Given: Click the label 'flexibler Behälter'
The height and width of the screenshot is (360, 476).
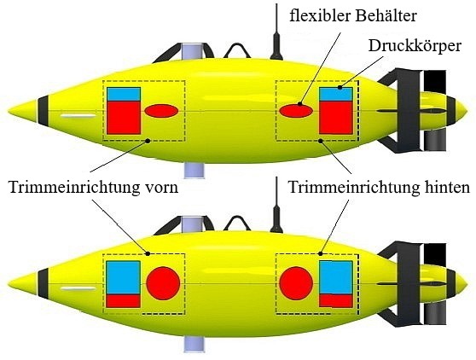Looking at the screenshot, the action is [x=353, y=16].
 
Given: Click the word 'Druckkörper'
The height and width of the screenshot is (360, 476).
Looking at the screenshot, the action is [x=415, y=46].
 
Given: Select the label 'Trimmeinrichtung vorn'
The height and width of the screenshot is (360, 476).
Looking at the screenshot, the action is [x=93, y=187].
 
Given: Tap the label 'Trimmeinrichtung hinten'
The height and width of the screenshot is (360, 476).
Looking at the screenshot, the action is [x=379, y=187].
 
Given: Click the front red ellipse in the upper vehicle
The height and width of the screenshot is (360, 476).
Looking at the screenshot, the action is [x=161, y=111].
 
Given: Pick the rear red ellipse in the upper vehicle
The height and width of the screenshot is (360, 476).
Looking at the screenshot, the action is [x=296, y=111].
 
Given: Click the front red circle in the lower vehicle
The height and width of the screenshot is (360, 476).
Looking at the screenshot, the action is [x=163, y=283].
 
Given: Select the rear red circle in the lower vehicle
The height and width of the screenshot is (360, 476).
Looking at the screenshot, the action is [x=296, y=283].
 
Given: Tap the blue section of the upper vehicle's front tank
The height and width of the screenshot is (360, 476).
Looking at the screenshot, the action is [x=124, y=95].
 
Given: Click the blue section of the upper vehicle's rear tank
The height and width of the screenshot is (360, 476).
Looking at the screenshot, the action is [x=336, y=95].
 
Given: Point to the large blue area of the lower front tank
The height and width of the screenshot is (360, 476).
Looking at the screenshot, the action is [x=123, y=277].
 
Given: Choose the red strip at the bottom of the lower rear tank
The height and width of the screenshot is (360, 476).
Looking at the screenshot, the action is [x=336, y=300].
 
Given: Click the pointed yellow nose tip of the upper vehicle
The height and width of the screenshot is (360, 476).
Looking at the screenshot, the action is [x=9, y=111].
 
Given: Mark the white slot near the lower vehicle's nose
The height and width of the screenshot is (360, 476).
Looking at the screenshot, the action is [x=78, y=288].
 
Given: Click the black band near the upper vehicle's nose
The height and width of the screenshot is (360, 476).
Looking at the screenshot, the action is [x=44, y=111].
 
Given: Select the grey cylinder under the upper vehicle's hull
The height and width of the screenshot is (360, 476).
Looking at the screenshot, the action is [x=194, y=170].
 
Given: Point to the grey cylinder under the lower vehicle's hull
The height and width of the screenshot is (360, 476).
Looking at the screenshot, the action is [x=194, y=345].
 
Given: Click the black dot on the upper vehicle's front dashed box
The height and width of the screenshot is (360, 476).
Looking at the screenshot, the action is [x=148, y=141].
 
